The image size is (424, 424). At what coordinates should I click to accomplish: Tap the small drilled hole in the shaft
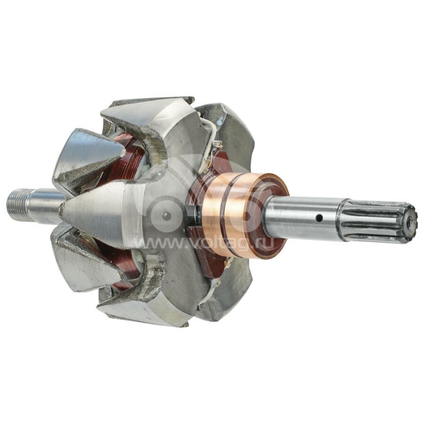pos(320,217)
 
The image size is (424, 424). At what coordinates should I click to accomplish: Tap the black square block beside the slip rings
pos(191,214)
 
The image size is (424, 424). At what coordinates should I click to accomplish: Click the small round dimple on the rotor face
pos(167,215)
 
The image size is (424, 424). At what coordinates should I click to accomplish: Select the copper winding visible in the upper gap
pos(130,159)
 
